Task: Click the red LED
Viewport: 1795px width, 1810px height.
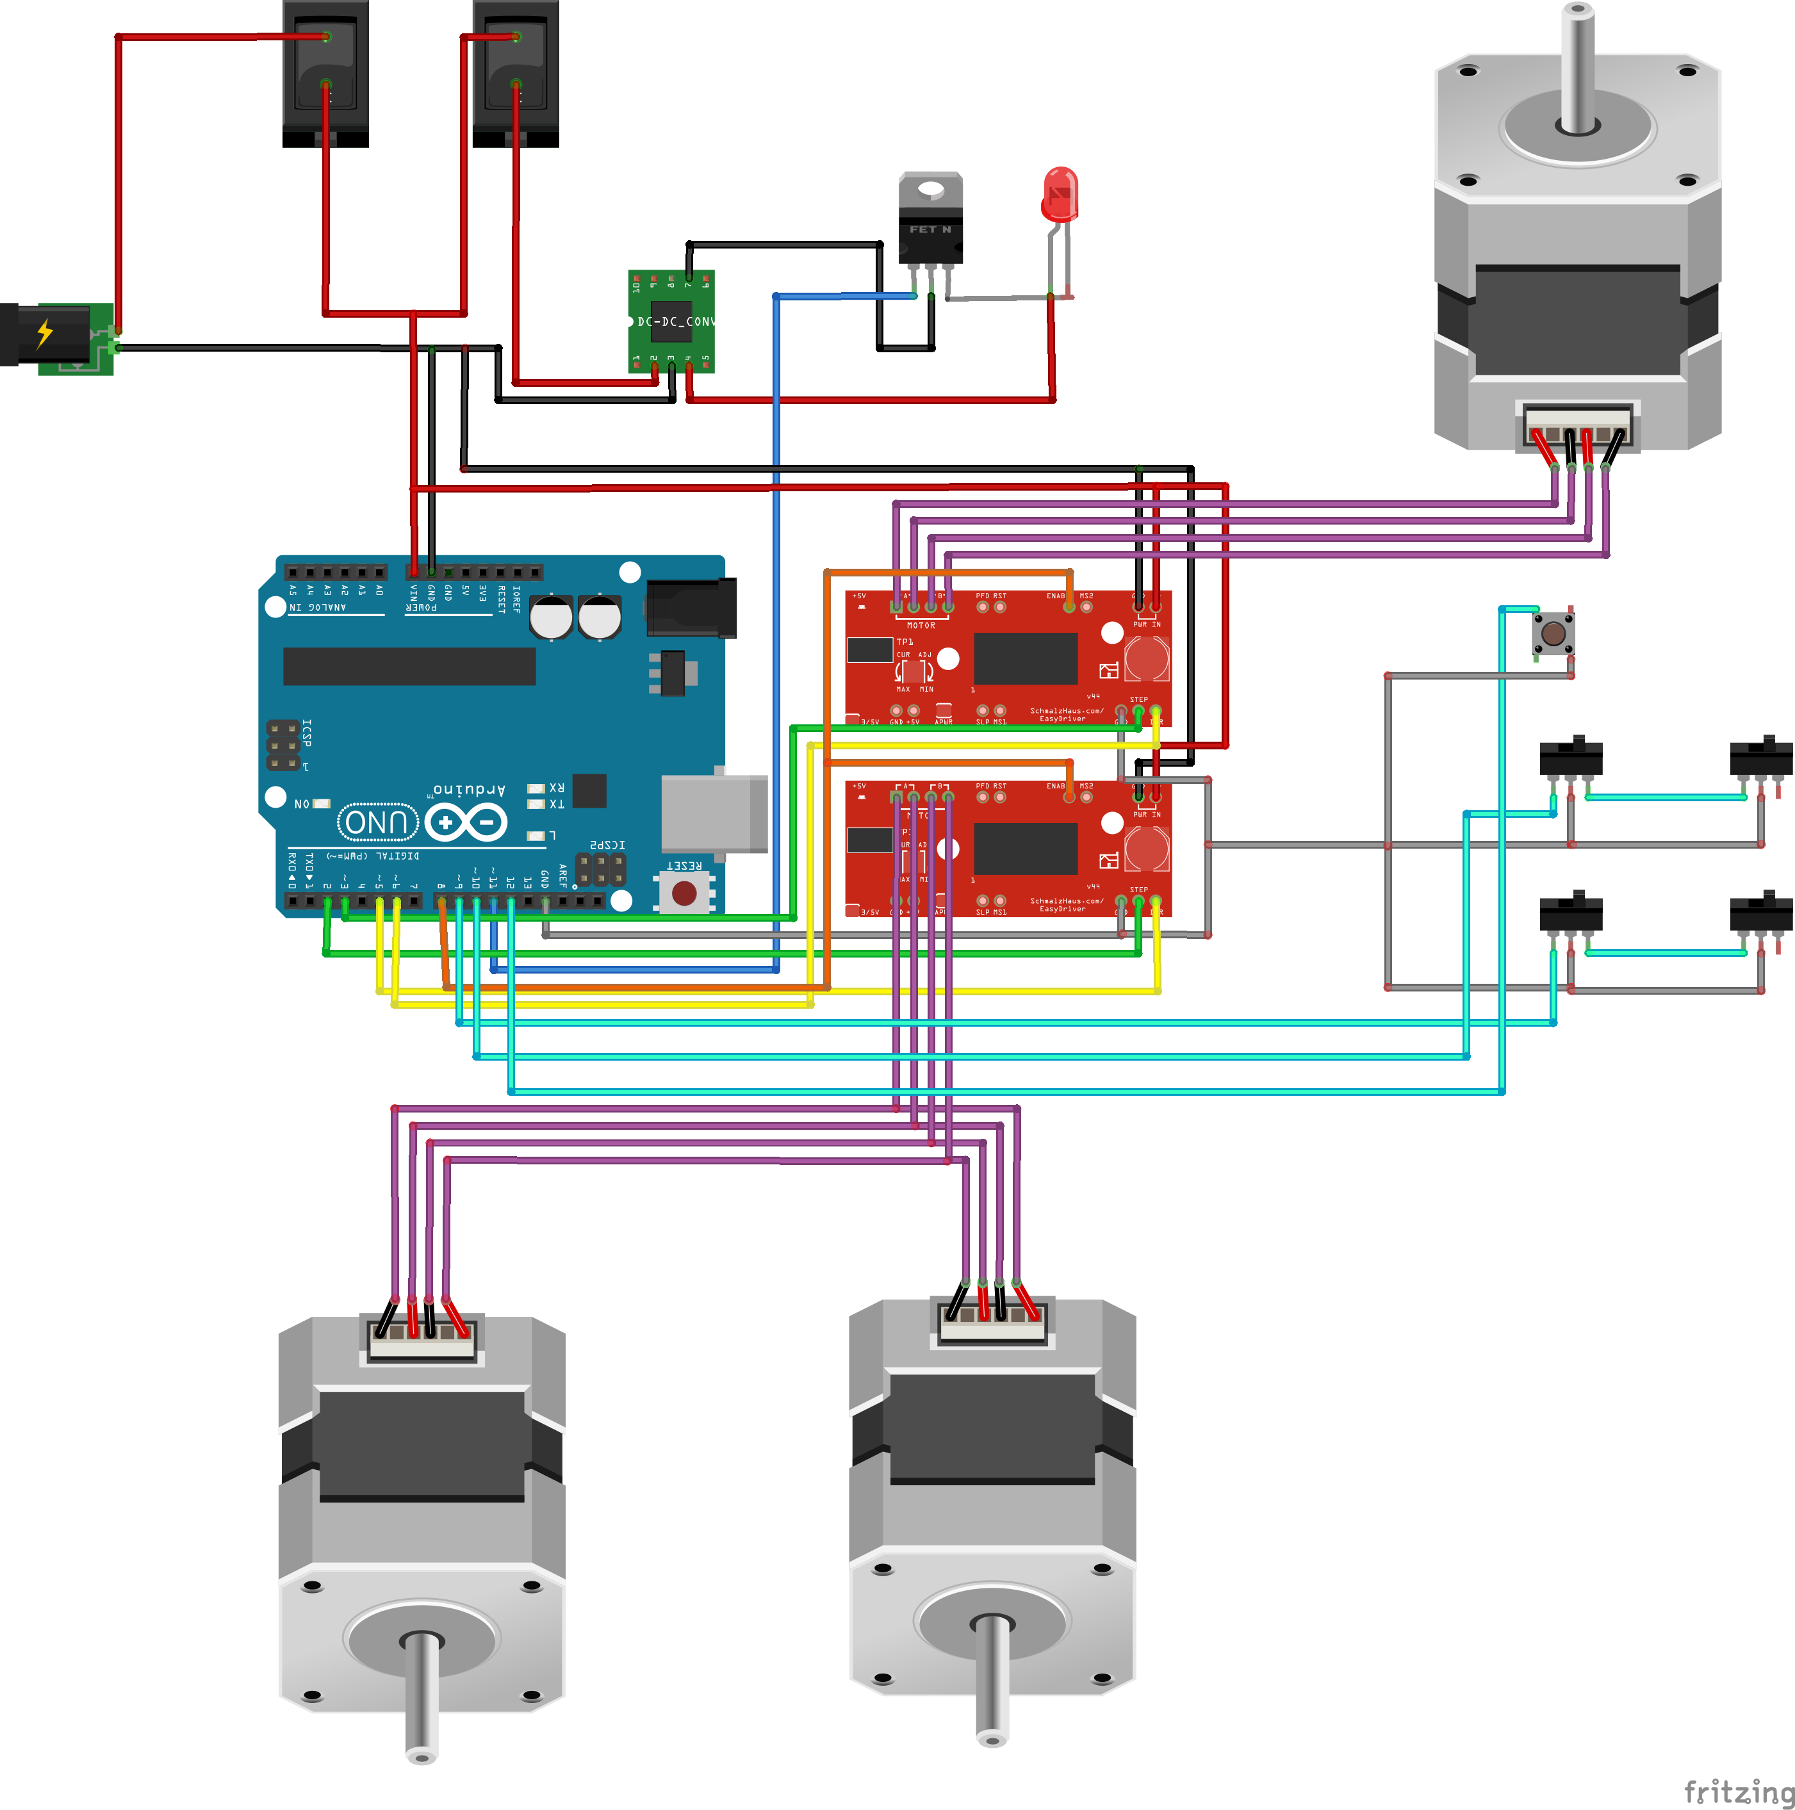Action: coord(1060,194)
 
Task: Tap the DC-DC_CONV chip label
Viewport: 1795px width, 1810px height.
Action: coord(675,322)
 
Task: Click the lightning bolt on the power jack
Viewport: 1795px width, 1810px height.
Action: coord(44,332)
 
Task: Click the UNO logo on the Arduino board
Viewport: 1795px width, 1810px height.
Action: coord(377,822)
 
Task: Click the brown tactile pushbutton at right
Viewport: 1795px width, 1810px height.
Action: coord(1552,633)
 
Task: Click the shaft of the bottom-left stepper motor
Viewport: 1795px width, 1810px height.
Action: coord(422,1696)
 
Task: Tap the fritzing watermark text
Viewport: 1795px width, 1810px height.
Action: coord(1738,1791)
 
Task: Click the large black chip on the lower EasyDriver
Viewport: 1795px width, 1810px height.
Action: coord(1025,848)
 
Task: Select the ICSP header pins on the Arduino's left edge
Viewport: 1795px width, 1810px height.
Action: coord(284,745)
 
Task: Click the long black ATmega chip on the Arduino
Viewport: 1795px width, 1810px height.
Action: coord(409,666)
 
